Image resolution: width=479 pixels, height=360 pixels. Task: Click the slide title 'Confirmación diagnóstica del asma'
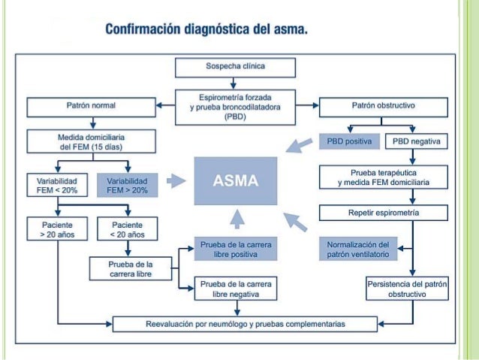click(x=206, y=31)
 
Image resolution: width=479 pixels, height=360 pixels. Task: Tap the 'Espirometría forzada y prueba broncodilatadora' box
click(x=234, y=103)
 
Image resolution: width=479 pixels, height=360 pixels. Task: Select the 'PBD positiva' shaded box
click(x=350, y=141)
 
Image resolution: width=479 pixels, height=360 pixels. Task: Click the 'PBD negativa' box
click(x=417, y=141)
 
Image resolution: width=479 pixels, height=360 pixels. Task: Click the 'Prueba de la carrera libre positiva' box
click(x=234, y=250)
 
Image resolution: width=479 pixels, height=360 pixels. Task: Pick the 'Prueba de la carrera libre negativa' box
click(x=234, y=289)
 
